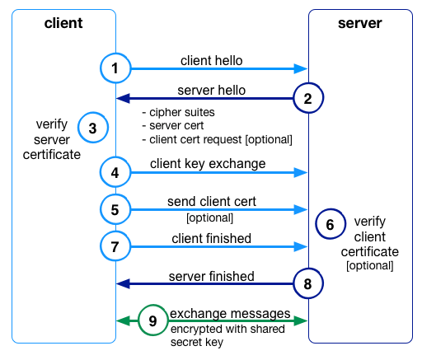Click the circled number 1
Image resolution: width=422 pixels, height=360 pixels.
[x=116, y=69]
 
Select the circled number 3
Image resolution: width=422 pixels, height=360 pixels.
[x=92, y=129]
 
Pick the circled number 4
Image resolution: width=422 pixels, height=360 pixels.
[x=116, y=173]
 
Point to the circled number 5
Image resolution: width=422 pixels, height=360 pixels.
[x=116, y=209]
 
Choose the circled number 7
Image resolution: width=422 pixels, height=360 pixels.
[x=116, y=245]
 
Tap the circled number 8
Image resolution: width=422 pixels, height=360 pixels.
[x=307, y=283]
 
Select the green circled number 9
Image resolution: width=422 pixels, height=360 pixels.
[x=152, y=320]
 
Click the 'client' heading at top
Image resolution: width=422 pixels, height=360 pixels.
[x=63, y=22]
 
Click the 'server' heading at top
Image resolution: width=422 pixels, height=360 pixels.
[x=359, y=22]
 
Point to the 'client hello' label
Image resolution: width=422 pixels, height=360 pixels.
[x=212, y=60]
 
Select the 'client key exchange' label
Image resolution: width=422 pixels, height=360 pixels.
[x=208, y=164]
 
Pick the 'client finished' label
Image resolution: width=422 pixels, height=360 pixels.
[x=212, y=238]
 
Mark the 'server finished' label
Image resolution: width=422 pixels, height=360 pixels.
[x=212, y=275]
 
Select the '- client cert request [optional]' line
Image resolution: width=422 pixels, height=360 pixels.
[x=219, y=138]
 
